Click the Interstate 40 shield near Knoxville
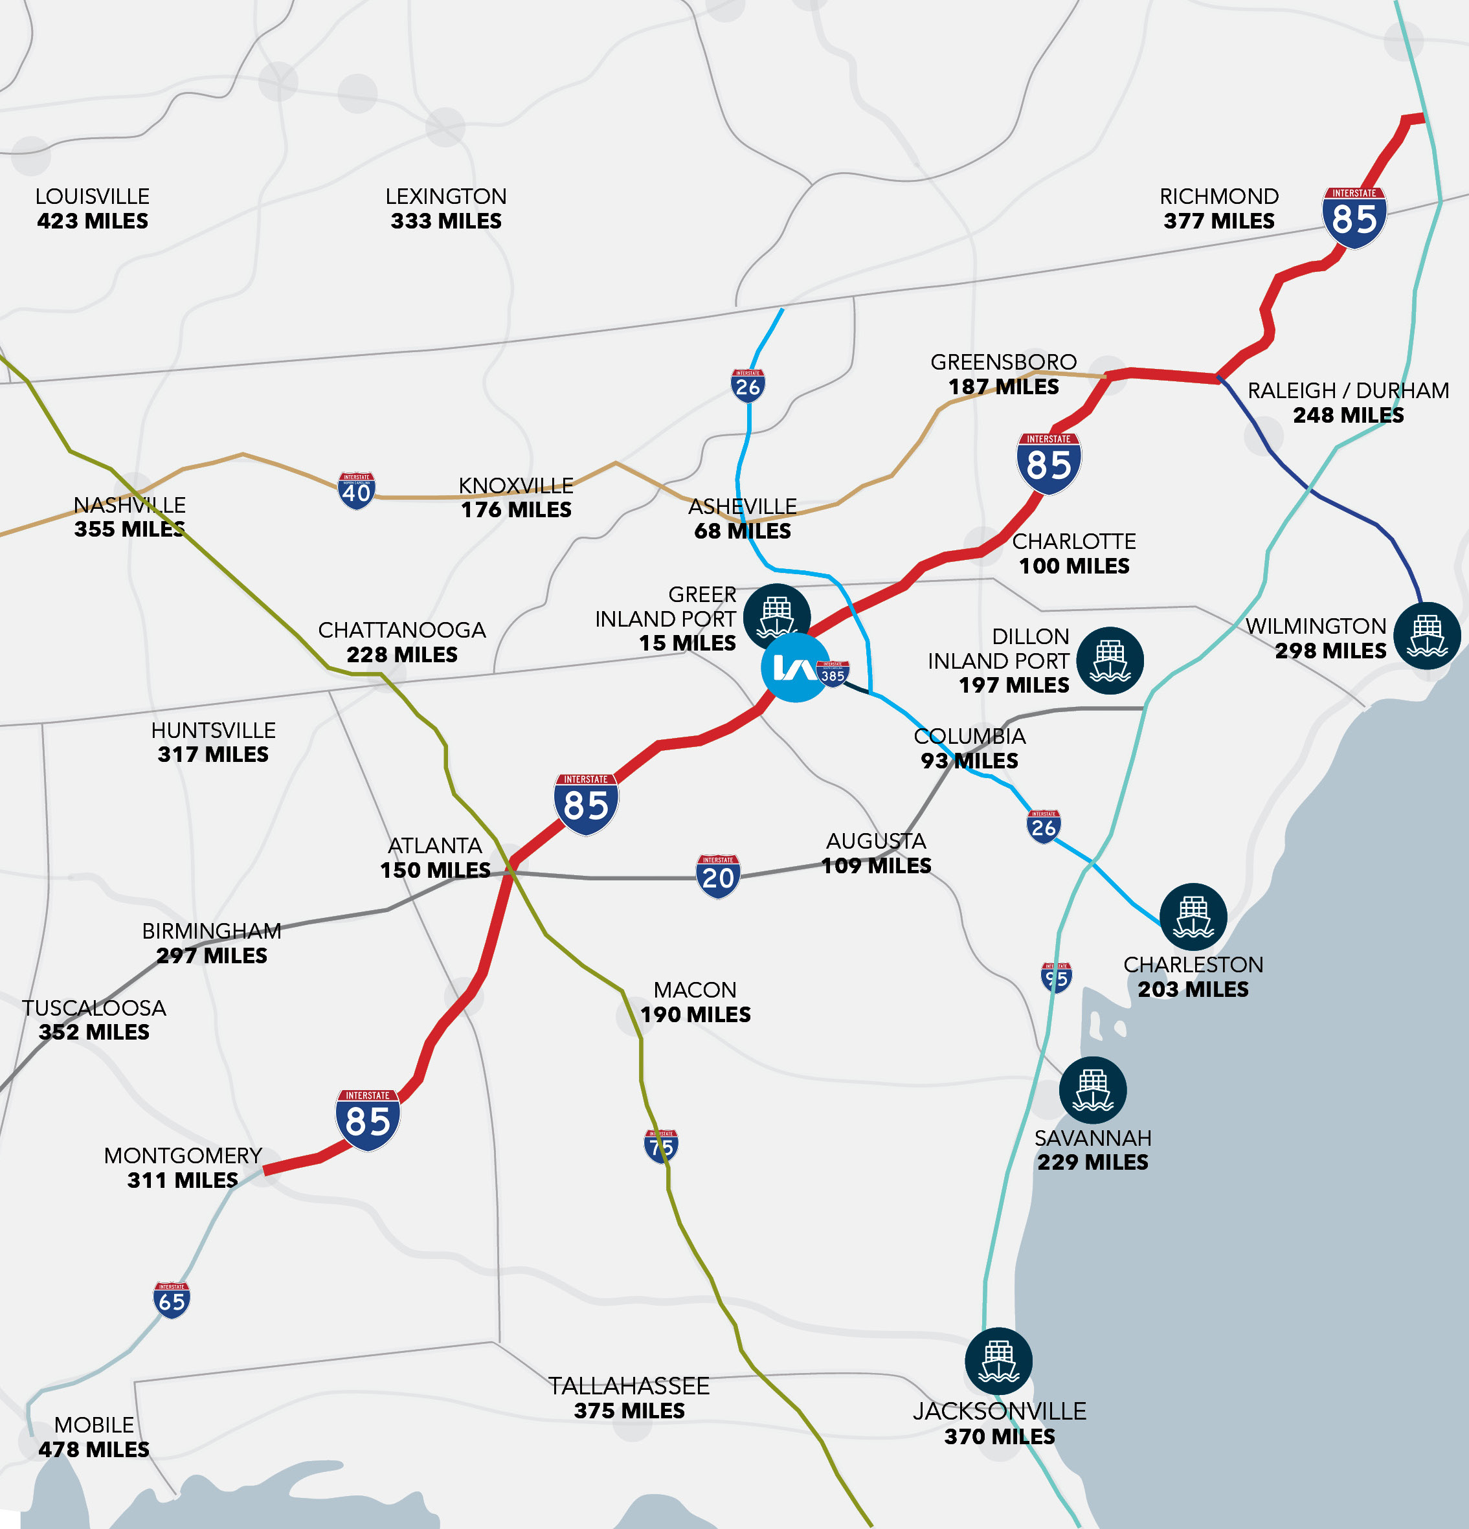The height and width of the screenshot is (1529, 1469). click(x=357, y=491)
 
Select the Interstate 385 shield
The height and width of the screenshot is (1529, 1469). click(x=833, y=674)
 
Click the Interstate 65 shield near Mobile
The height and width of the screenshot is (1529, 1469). click(x=172, y=1300)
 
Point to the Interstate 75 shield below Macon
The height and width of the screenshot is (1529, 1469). click(x=661, y=1146)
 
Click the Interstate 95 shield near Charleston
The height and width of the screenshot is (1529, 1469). click(x=1057, y=977)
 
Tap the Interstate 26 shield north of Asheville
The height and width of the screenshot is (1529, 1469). click(x=747, y=385)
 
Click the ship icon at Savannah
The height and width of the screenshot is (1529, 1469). click(x=1092, y=1090)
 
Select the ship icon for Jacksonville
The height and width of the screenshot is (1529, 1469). click(x=998, y=1361)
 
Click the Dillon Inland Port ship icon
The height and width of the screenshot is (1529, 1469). click(x=1110, y=661)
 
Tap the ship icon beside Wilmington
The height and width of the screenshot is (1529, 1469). click(x=1427, y=636)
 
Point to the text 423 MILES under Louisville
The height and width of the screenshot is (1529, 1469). click(x=92, y=221)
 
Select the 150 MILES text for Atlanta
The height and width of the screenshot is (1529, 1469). click(x=434, y=870)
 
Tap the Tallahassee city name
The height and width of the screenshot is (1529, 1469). click(x=629, y=1386)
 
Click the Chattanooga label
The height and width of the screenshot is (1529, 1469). click(x=402, y=630)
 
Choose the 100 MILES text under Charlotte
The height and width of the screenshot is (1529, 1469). click(x=1073, y=566)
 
